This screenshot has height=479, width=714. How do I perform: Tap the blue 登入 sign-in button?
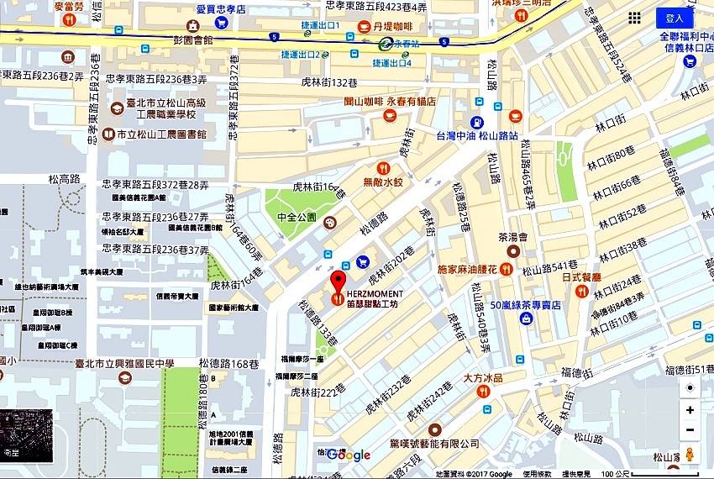click(675, 18)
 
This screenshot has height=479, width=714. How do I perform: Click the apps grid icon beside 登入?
click(635, 18)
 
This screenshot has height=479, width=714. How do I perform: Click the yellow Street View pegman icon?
click(690, 454)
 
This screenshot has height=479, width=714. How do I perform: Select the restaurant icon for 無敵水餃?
click(383, 166)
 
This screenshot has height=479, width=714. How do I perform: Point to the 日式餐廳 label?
click(581, 276)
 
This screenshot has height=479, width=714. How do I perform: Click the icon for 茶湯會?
click(512, 251)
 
